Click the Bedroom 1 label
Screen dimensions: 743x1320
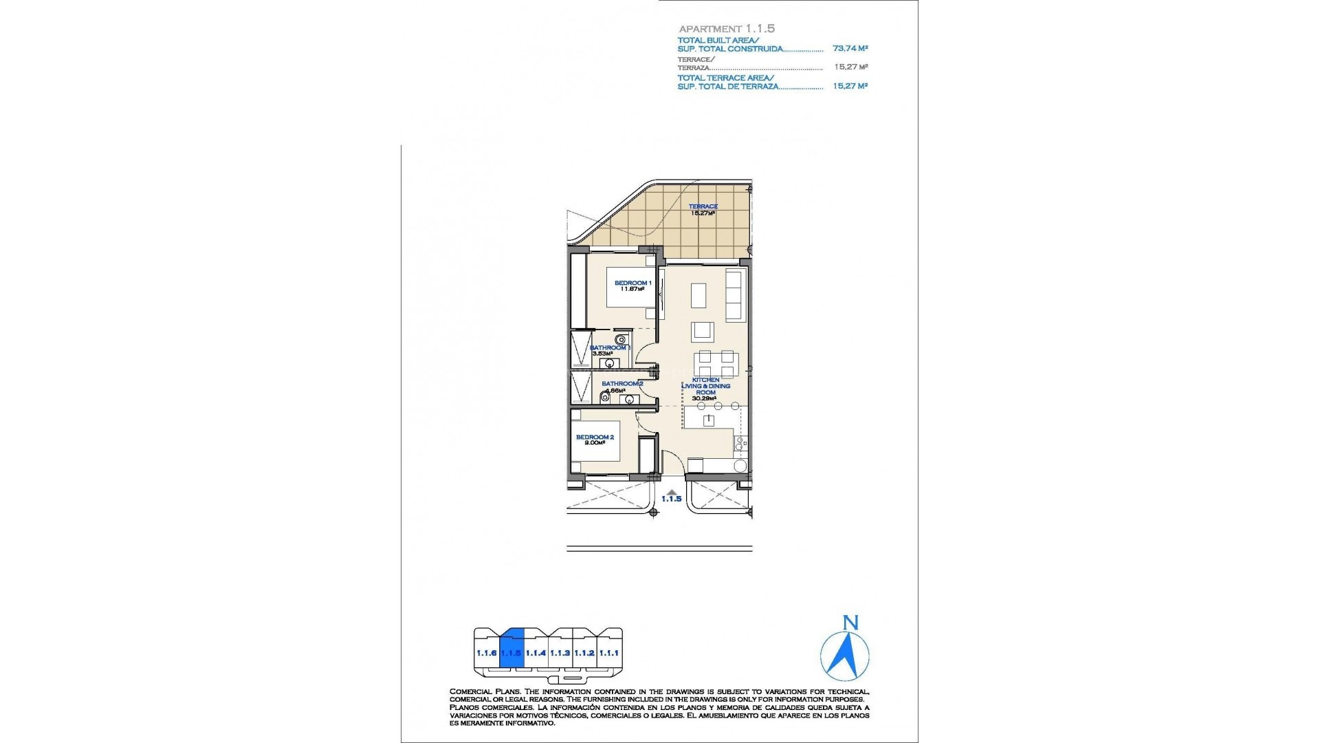pyautogui.click(x=632, y=283)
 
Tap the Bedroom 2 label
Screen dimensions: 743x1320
pyautogui.click(x=595, y=438)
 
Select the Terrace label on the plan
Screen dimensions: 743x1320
pyautogui.click(x=704, y=206)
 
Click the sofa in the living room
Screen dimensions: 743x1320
pyautogui.click(x=735, y=295)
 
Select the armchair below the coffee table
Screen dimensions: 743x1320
pyautogui.click(x=703, y=331)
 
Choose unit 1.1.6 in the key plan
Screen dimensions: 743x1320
pyautogui.click(x=487, y=653)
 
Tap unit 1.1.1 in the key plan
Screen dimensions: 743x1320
pyautogui.click(x=608, y=653)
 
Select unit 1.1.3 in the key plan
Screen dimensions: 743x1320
pyautogui.click(x=560, y=653)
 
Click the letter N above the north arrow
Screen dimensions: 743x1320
pyautogui.click(x=850, y=623)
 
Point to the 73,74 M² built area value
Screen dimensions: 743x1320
pyautogui.click(x=850, y=49)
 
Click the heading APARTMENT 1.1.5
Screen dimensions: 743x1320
pyautogui.click(x=727, y=29)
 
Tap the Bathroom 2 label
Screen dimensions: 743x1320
pyautogui.click(x=622, y=384)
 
